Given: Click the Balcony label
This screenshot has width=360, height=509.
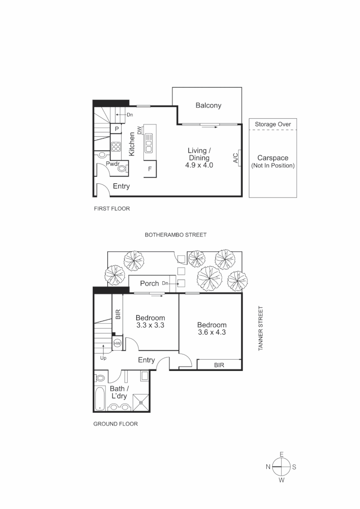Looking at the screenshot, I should [x=208, y=106].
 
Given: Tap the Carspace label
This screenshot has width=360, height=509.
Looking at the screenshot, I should [x=273, y=158].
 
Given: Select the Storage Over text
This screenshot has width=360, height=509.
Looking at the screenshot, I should [x=273, y=124].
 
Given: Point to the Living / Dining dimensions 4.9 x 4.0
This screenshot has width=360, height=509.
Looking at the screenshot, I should [x=199, y=165].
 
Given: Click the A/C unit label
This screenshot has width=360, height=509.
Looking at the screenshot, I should [x=236, y=157].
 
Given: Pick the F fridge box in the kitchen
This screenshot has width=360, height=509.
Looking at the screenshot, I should [x=150, y=169].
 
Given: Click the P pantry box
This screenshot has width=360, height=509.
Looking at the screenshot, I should [x=116, y=129].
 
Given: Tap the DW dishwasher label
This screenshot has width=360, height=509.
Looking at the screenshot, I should [x=139, y=130].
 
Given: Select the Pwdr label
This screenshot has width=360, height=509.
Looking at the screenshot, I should [x=112, y=164].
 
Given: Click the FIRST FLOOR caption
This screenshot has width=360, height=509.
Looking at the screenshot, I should [x=112, y=208].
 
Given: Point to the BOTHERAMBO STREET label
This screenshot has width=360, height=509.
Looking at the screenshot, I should [x=175, y=235].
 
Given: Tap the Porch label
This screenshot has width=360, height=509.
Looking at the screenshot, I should [x=149, y=283].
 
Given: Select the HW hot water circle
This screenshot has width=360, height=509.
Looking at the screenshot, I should [x=117, y=344].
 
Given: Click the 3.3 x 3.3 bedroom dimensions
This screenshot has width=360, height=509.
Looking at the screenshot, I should [x=150, y=325].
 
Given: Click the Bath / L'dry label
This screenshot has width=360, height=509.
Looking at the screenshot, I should [x=118, y=393].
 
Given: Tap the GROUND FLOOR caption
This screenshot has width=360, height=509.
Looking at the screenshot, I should [x=115, y=424].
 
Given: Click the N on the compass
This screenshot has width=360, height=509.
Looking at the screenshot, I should [x=268, y=467].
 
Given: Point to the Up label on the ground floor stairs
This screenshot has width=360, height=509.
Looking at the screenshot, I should [x=103, y=358].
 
